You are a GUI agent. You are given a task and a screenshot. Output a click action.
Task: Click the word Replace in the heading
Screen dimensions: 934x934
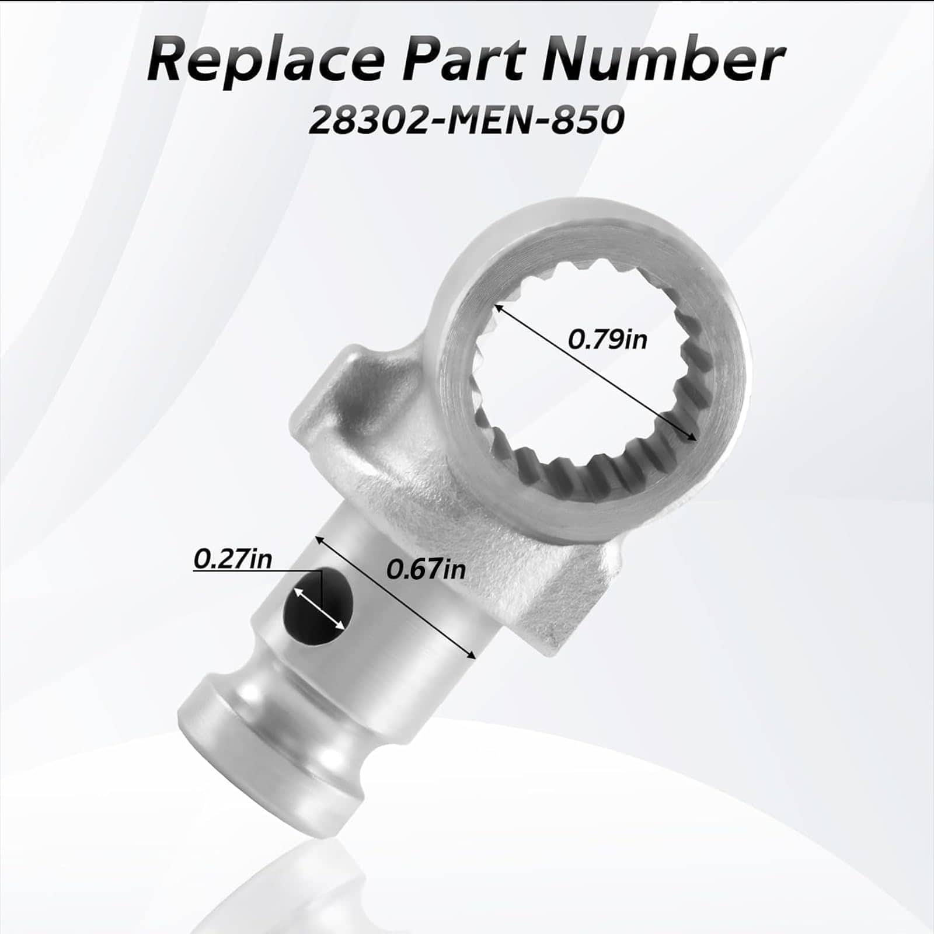(x=266, y=60)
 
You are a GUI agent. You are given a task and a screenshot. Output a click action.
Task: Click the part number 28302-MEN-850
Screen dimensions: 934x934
(x=466, y=120)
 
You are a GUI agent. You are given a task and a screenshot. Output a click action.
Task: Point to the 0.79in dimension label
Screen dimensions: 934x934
(x=608, y=339)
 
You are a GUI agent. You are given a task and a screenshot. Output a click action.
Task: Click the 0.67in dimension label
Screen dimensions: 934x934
(x=426, y=569)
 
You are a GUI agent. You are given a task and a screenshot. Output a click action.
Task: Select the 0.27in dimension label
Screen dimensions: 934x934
(x=232, y=559)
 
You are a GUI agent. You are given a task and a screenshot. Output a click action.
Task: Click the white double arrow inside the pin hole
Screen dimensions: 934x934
(x=319, y=608)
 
